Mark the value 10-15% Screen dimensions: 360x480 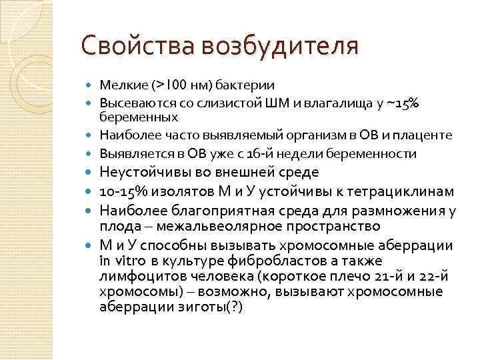125,191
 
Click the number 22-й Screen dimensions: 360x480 439,277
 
